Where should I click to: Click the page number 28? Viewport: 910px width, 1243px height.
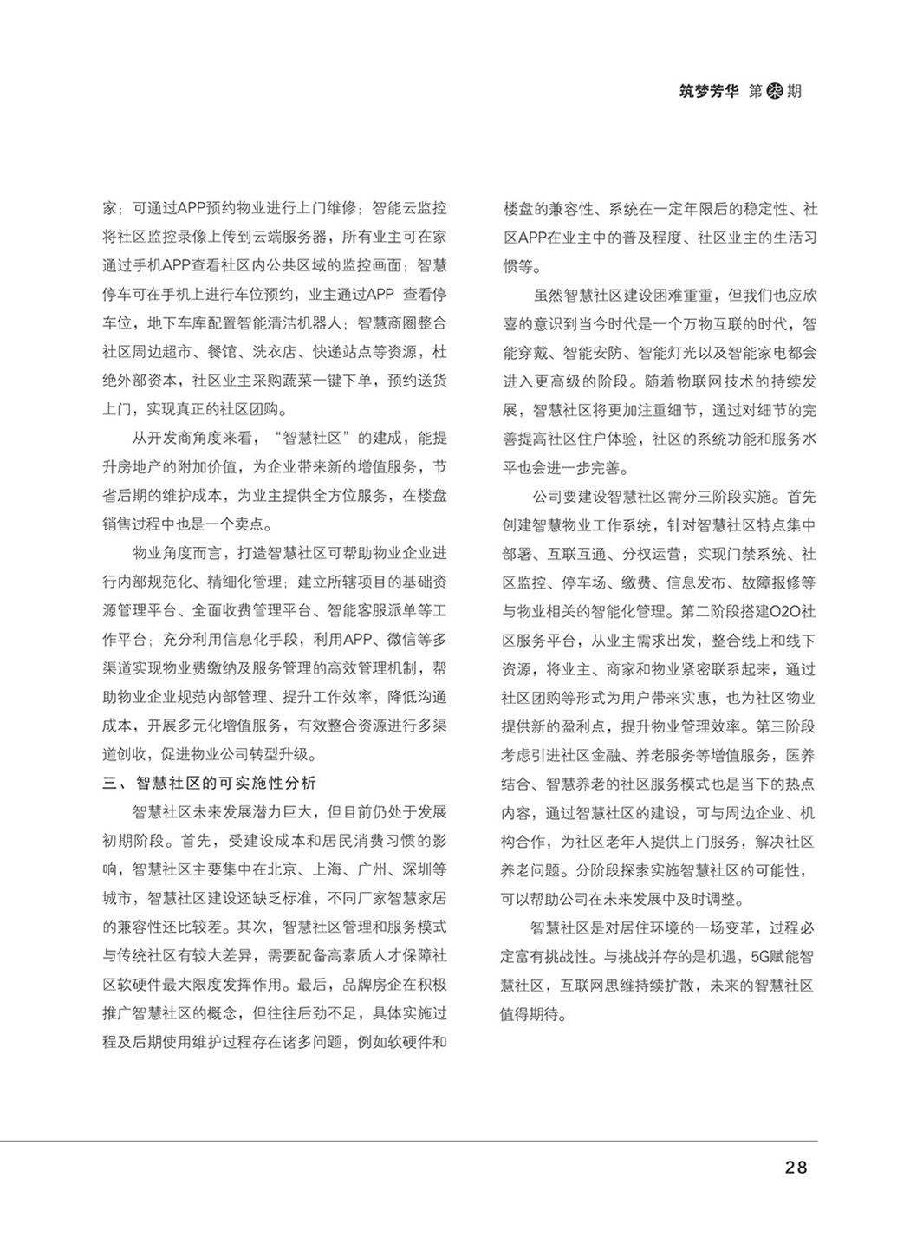(795, 1167)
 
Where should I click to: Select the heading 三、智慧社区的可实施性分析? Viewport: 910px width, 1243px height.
(209, 784)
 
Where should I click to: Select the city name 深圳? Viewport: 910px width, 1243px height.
(422, 869)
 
